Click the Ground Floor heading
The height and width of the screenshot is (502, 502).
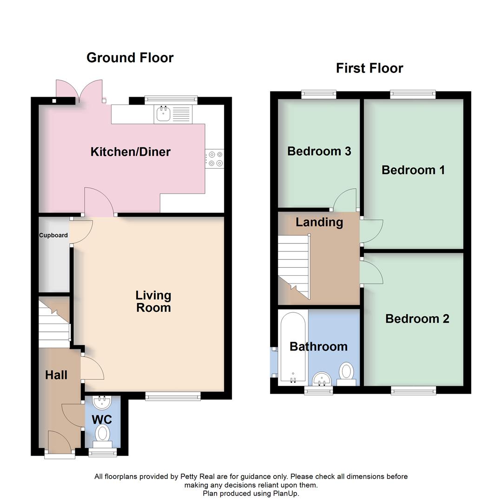(130, 58)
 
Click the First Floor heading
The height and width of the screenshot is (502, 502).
(370, 68)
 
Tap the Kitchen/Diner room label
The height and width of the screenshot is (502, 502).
(130, 152)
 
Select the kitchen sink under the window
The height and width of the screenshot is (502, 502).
(164, 113)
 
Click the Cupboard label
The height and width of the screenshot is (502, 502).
(53, 235)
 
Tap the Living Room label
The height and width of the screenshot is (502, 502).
(153, 301)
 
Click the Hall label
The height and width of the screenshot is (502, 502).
(56, 375)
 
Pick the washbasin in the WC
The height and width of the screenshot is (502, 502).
(101, 401)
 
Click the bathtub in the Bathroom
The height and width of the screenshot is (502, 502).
(293, 346)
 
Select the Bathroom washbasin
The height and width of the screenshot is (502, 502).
(321, 378)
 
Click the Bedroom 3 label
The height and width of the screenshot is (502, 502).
(319, 151)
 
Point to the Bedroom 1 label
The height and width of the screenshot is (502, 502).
(413, 170)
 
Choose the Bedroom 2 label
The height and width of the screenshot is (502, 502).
(417, 318)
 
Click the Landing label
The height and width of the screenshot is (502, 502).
(319, 222)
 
